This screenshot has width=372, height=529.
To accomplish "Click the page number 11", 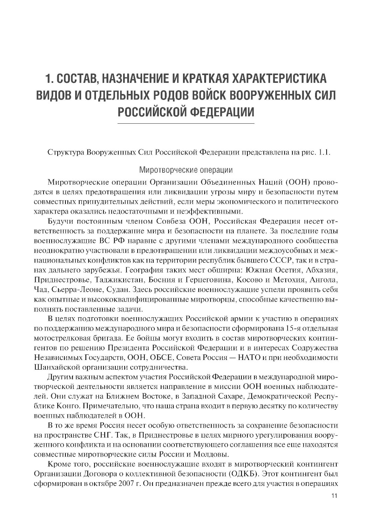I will (334, 497).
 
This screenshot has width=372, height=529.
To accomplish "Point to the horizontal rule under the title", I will (186, 123).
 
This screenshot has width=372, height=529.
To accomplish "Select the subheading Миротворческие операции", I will (186, 170).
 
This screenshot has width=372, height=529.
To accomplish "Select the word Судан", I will (117, 289).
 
